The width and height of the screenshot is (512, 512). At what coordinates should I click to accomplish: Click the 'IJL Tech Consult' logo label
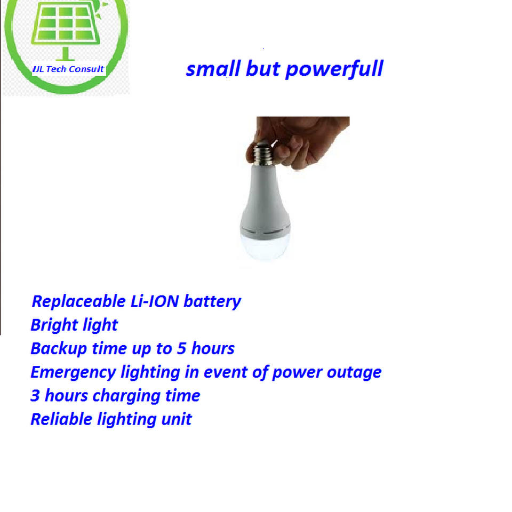click(68, 69)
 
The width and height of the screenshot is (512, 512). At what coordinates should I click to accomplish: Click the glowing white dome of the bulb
click(266, 247)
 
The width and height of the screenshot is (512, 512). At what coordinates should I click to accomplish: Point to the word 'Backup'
click(59, 349)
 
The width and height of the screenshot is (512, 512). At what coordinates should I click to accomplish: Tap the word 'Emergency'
click(73, 372)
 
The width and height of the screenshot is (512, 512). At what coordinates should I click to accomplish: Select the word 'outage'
click(354, 372)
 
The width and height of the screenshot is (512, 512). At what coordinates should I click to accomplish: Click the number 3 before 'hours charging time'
click(35, 396)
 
